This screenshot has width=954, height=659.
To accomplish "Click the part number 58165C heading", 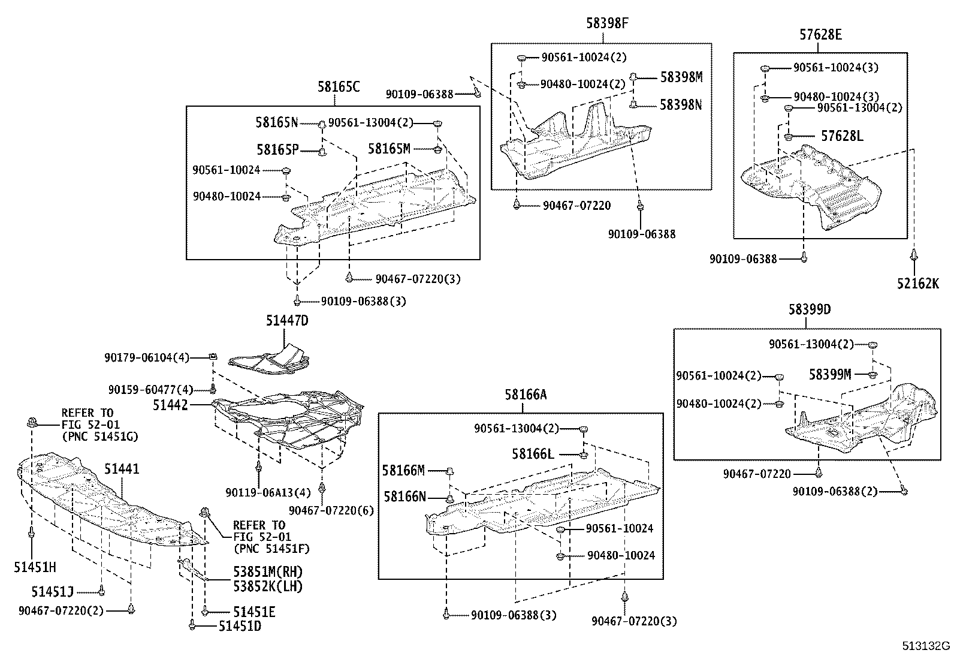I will coord(339,87).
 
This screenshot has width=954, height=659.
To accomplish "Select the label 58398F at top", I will coord(607,23).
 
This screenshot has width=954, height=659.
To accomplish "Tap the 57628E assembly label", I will coord(820,35).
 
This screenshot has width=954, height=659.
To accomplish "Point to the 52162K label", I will coord(917,284).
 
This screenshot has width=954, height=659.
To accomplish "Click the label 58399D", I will coord(810,309).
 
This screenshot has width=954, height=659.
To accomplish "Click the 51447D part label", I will coord(287,321).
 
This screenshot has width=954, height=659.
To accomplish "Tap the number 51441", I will coord(121,468).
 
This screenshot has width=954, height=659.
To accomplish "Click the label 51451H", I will coord(35,567).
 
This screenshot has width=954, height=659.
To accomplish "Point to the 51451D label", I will coord(240,626).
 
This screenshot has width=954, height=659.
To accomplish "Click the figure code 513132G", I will coord(927,646).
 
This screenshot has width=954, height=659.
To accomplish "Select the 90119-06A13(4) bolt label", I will coord(268,493).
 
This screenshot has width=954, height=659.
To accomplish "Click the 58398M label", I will coord(681,77).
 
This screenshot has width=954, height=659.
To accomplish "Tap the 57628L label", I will coord(842,136).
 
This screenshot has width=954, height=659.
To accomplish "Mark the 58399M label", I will coord(830,374).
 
